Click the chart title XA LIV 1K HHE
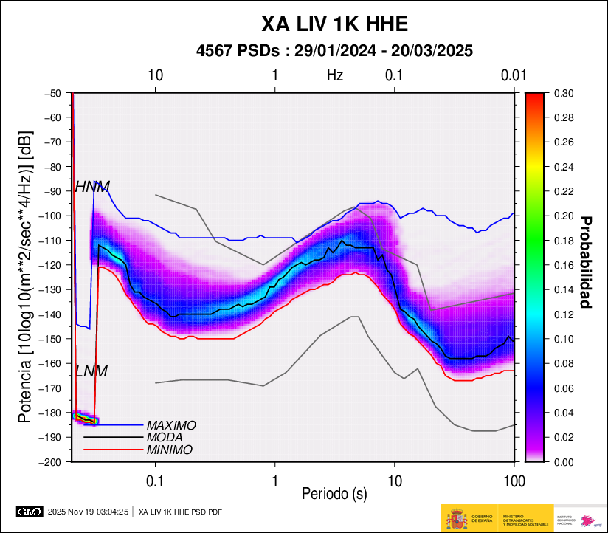tap(335, 24)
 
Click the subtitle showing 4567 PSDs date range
tap(334, 51)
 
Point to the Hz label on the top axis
tap(335, 75)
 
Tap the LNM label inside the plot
tap(91, 371)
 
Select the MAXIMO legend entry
tap(171, 425)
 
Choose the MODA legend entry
tap(165, 437)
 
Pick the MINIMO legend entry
tap(170, 450)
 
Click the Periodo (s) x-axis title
tap(334, 492)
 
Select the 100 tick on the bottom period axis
tap(514, 482)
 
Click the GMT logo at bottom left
tap(30, 511)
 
